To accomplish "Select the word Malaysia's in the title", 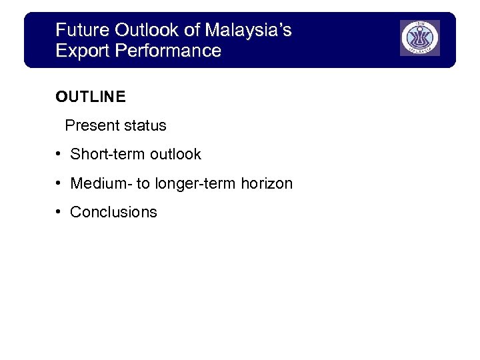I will click(x=249, y=30).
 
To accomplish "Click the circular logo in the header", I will click(x=420, y=38).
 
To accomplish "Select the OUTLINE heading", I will click(x=91, y=97).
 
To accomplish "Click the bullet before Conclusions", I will click(x=59, y=211).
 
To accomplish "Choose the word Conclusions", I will click(x=113, y=212).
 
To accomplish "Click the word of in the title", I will click(x=193, y=30).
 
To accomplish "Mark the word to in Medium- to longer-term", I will click(x=143, y=183).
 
